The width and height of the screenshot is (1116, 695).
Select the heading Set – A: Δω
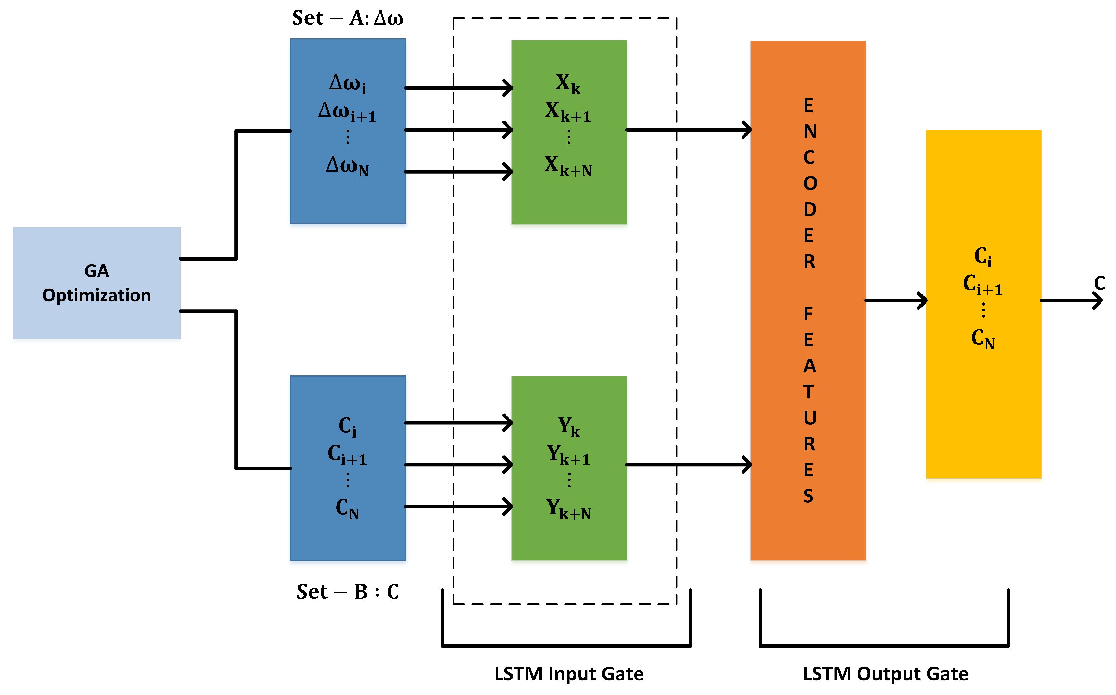347,18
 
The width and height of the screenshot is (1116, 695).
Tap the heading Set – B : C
347,591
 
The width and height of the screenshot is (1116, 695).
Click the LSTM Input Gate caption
569,674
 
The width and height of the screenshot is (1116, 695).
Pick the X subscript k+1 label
568,112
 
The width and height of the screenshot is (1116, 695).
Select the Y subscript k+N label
569,509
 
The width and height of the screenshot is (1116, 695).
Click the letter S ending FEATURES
808,496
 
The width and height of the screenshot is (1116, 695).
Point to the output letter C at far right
1099,283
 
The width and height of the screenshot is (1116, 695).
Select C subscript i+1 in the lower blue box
347,455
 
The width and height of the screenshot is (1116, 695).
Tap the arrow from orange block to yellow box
896,300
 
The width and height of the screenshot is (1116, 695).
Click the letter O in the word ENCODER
810,184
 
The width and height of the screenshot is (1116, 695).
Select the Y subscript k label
569,427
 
